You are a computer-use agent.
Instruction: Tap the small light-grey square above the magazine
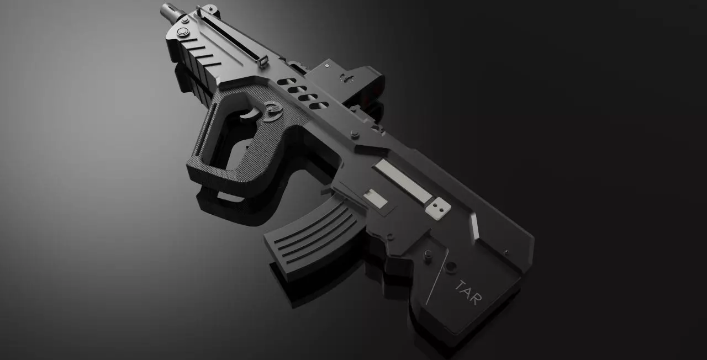[x=376, y=198]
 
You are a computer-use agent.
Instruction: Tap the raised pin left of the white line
[x=427, y=256]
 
